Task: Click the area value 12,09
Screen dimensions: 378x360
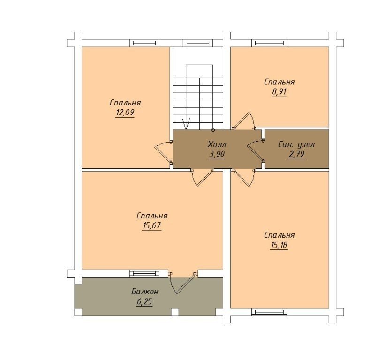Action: [125, 113]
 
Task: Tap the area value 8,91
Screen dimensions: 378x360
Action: [279, 92]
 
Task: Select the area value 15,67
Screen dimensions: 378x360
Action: [152, 226]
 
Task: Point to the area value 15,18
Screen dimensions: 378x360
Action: [279, 245]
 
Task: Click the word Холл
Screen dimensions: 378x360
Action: [217, 144]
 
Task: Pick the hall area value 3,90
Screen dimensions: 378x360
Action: [217, 154]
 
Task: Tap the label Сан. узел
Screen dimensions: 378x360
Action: [296, 144]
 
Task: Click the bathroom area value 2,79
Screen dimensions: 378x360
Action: [296, 154]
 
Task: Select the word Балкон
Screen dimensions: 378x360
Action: [145, 292]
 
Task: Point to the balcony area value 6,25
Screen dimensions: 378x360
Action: [144, 302]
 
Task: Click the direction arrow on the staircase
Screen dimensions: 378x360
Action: [186, 124]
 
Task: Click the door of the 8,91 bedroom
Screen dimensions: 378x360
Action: [243, 120]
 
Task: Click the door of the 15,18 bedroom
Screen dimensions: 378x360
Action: [243, 178]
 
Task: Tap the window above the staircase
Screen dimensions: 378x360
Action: [198, 43]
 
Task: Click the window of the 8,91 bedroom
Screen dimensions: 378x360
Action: [269, 43]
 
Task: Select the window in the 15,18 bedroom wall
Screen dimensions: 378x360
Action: [269, 312]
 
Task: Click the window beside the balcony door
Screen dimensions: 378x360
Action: [144, 273]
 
